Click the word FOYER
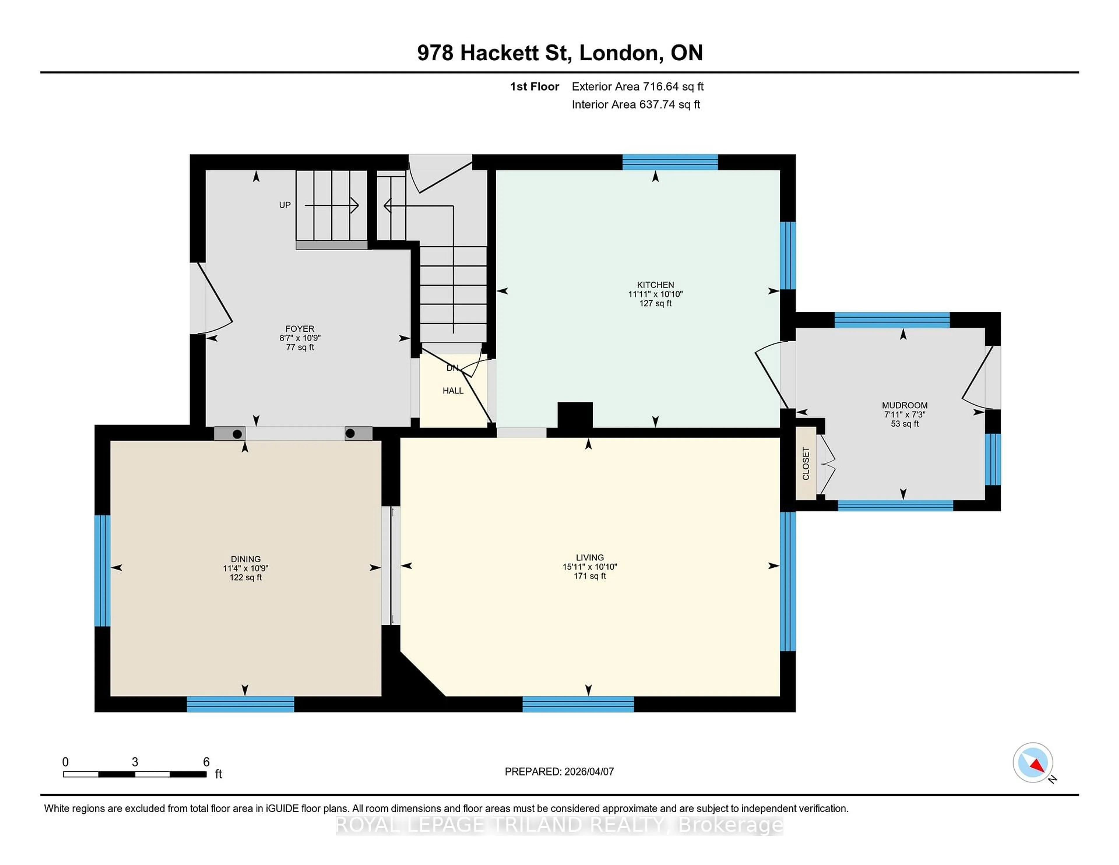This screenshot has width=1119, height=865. click(300, 328)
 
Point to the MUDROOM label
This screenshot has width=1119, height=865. click(904, 405)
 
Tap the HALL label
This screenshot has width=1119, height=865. click(453, 391)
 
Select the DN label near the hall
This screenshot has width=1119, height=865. click(452, 368)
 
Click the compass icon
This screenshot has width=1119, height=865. click(1032, 762)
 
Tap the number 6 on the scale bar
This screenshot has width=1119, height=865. click(207, 762)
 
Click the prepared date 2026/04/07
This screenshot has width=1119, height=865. click(588, 772)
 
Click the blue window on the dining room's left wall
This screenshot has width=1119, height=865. click(103, 570)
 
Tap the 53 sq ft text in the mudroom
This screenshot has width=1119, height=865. click(904, 424)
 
